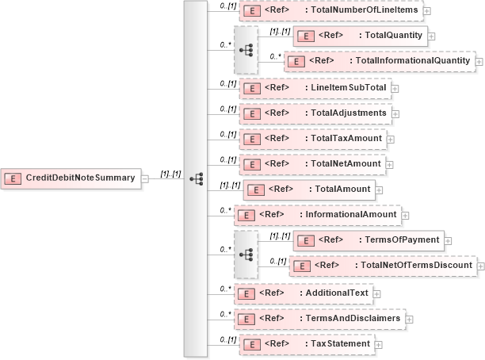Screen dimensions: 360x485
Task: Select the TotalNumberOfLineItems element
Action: coord(331,11)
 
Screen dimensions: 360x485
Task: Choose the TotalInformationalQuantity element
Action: coord(378,61)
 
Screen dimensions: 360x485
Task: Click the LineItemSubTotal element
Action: coord(315,88)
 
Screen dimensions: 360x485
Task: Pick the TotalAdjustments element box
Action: coord(315,113)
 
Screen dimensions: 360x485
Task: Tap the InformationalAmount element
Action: coord(319,214)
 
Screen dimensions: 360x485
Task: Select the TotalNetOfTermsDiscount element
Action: coord(383,266)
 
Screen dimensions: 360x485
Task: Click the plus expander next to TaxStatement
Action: coord(378,345)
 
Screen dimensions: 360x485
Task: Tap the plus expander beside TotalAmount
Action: coord(379,190)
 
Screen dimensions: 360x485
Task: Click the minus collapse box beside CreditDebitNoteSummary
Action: coord(145,178)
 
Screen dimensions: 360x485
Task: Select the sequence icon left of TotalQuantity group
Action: coord(246,48)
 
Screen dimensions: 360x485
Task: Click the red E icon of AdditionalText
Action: coord(247,293)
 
